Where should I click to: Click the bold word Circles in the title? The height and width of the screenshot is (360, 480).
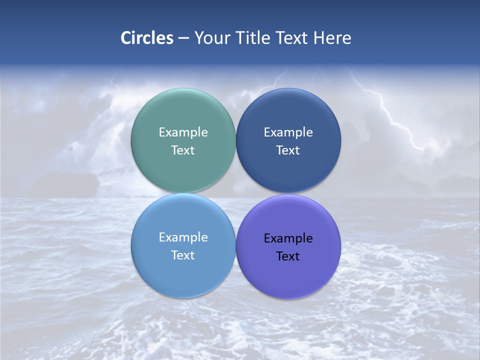pyautogui.click(x=147, y=38)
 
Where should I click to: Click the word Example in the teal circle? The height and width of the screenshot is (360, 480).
pyautogui.click(x=183, y=132)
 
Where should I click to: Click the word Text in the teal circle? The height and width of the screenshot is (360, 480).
pyautogui.click(x=183, y=150)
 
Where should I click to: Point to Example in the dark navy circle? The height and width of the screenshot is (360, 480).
pyautogui.click(x=288, y=132)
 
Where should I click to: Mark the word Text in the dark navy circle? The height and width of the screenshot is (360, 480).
pyautogui.click(x=288, y=150)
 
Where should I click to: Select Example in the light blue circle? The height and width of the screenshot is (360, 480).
pyautogui.click(x=183, y=237)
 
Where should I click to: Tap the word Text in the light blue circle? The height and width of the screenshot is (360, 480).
pyautogui.click(x=183, y=255)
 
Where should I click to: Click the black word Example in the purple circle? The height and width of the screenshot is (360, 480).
pyautogui.click(x=288, y=238)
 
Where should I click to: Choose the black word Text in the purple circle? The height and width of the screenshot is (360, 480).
pyautogui.click(x=288, y=256)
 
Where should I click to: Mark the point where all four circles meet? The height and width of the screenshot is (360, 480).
pyautogui.click(x=235, y=193)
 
